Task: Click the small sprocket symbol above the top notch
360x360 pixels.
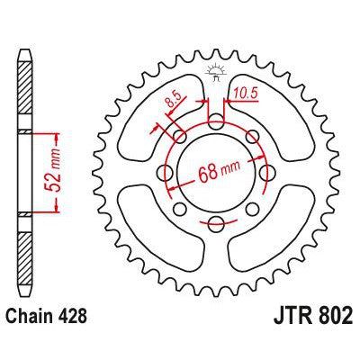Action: [x=216, y=70]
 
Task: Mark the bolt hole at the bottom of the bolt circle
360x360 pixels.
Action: [x=216, y=220]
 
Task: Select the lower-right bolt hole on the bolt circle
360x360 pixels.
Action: [x=252, y=204]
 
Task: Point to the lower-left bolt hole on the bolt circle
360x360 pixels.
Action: [x=180, y=204]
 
